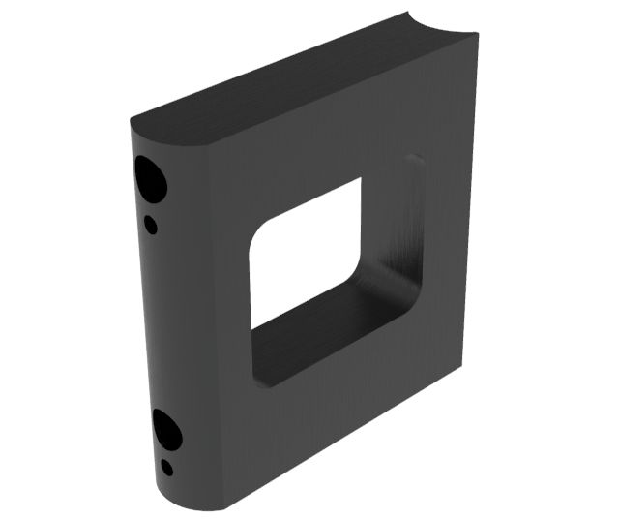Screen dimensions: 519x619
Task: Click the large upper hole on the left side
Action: (150, 176)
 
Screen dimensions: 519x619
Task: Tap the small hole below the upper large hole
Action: (151, 225)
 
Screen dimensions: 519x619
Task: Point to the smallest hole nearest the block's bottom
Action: (167, 468)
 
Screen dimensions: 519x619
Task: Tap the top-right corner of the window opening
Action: (360, 181)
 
